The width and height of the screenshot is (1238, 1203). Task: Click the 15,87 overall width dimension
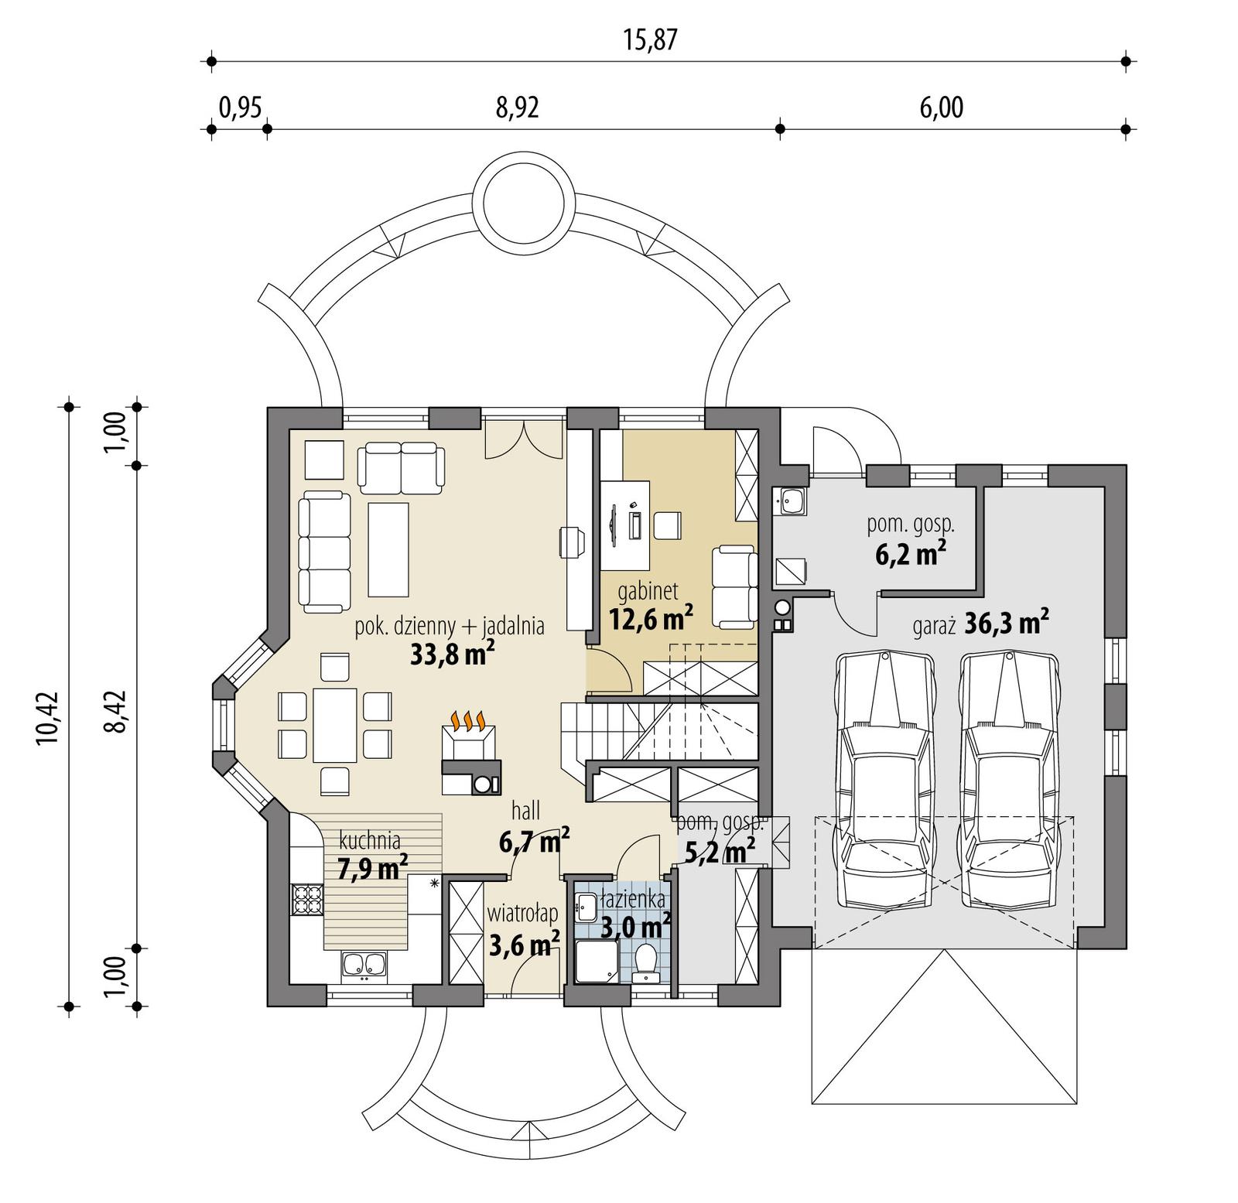pos(650,40)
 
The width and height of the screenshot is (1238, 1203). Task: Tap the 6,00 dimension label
pos(941,108)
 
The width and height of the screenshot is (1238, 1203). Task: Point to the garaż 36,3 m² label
pos(981,624)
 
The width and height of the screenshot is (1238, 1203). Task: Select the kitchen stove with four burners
pos(306,900)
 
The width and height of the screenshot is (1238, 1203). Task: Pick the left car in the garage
pos(884,781)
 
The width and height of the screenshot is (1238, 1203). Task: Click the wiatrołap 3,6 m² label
pos(524,930)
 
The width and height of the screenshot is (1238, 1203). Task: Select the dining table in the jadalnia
pos(334,725)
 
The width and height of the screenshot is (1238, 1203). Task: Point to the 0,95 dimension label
pos(240,108)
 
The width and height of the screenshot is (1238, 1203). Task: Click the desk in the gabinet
pos(625,525)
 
